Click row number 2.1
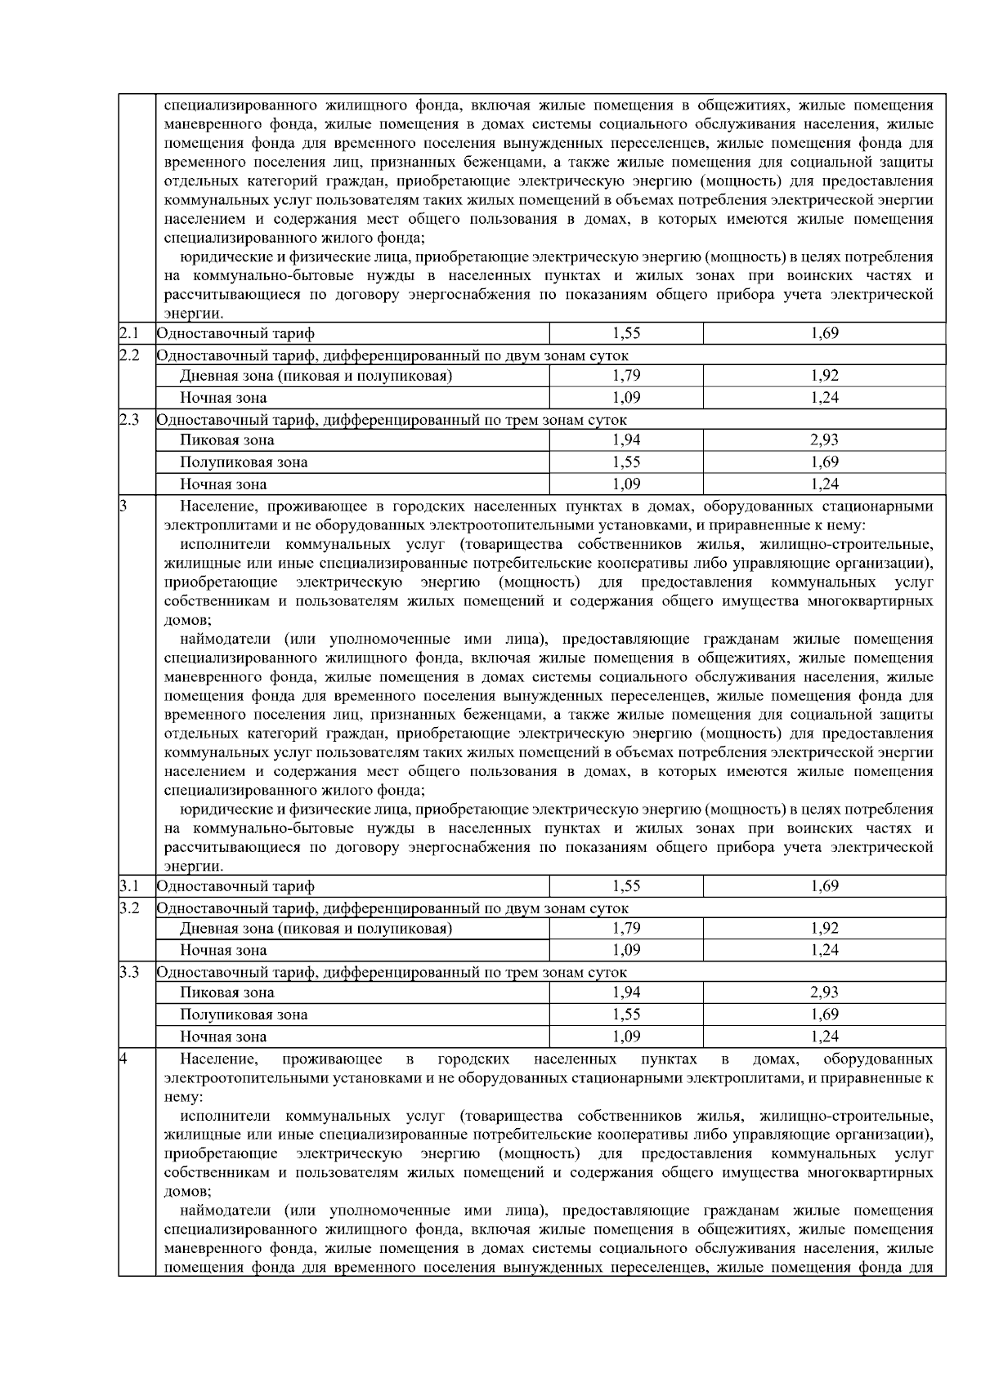[129, 333]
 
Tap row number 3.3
[129, 972]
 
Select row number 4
[123, 1059]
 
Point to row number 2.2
[129, 355]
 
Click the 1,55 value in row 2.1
[626, 333]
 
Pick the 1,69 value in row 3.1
[824, 885]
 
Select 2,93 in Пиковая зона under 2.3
[824, 440]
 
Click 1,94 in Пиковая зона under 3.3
[626, 992]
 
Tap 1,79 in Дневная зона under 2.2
[626, 376]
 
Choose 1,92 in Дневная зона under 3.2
[824, 928]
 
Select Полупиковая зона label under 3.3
[244, 1015]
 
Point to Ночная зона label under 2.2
[223, 398]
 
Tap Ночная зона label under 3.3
[223, 1037]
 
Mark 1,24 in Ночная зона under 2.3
[824, 484]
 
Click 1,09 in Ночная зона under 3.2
[626, 950]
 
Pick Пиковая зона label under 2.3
[227, 440]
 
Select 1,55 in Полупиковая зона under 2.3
[626, 462]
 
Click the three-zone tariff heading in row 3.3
[392, 972]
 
